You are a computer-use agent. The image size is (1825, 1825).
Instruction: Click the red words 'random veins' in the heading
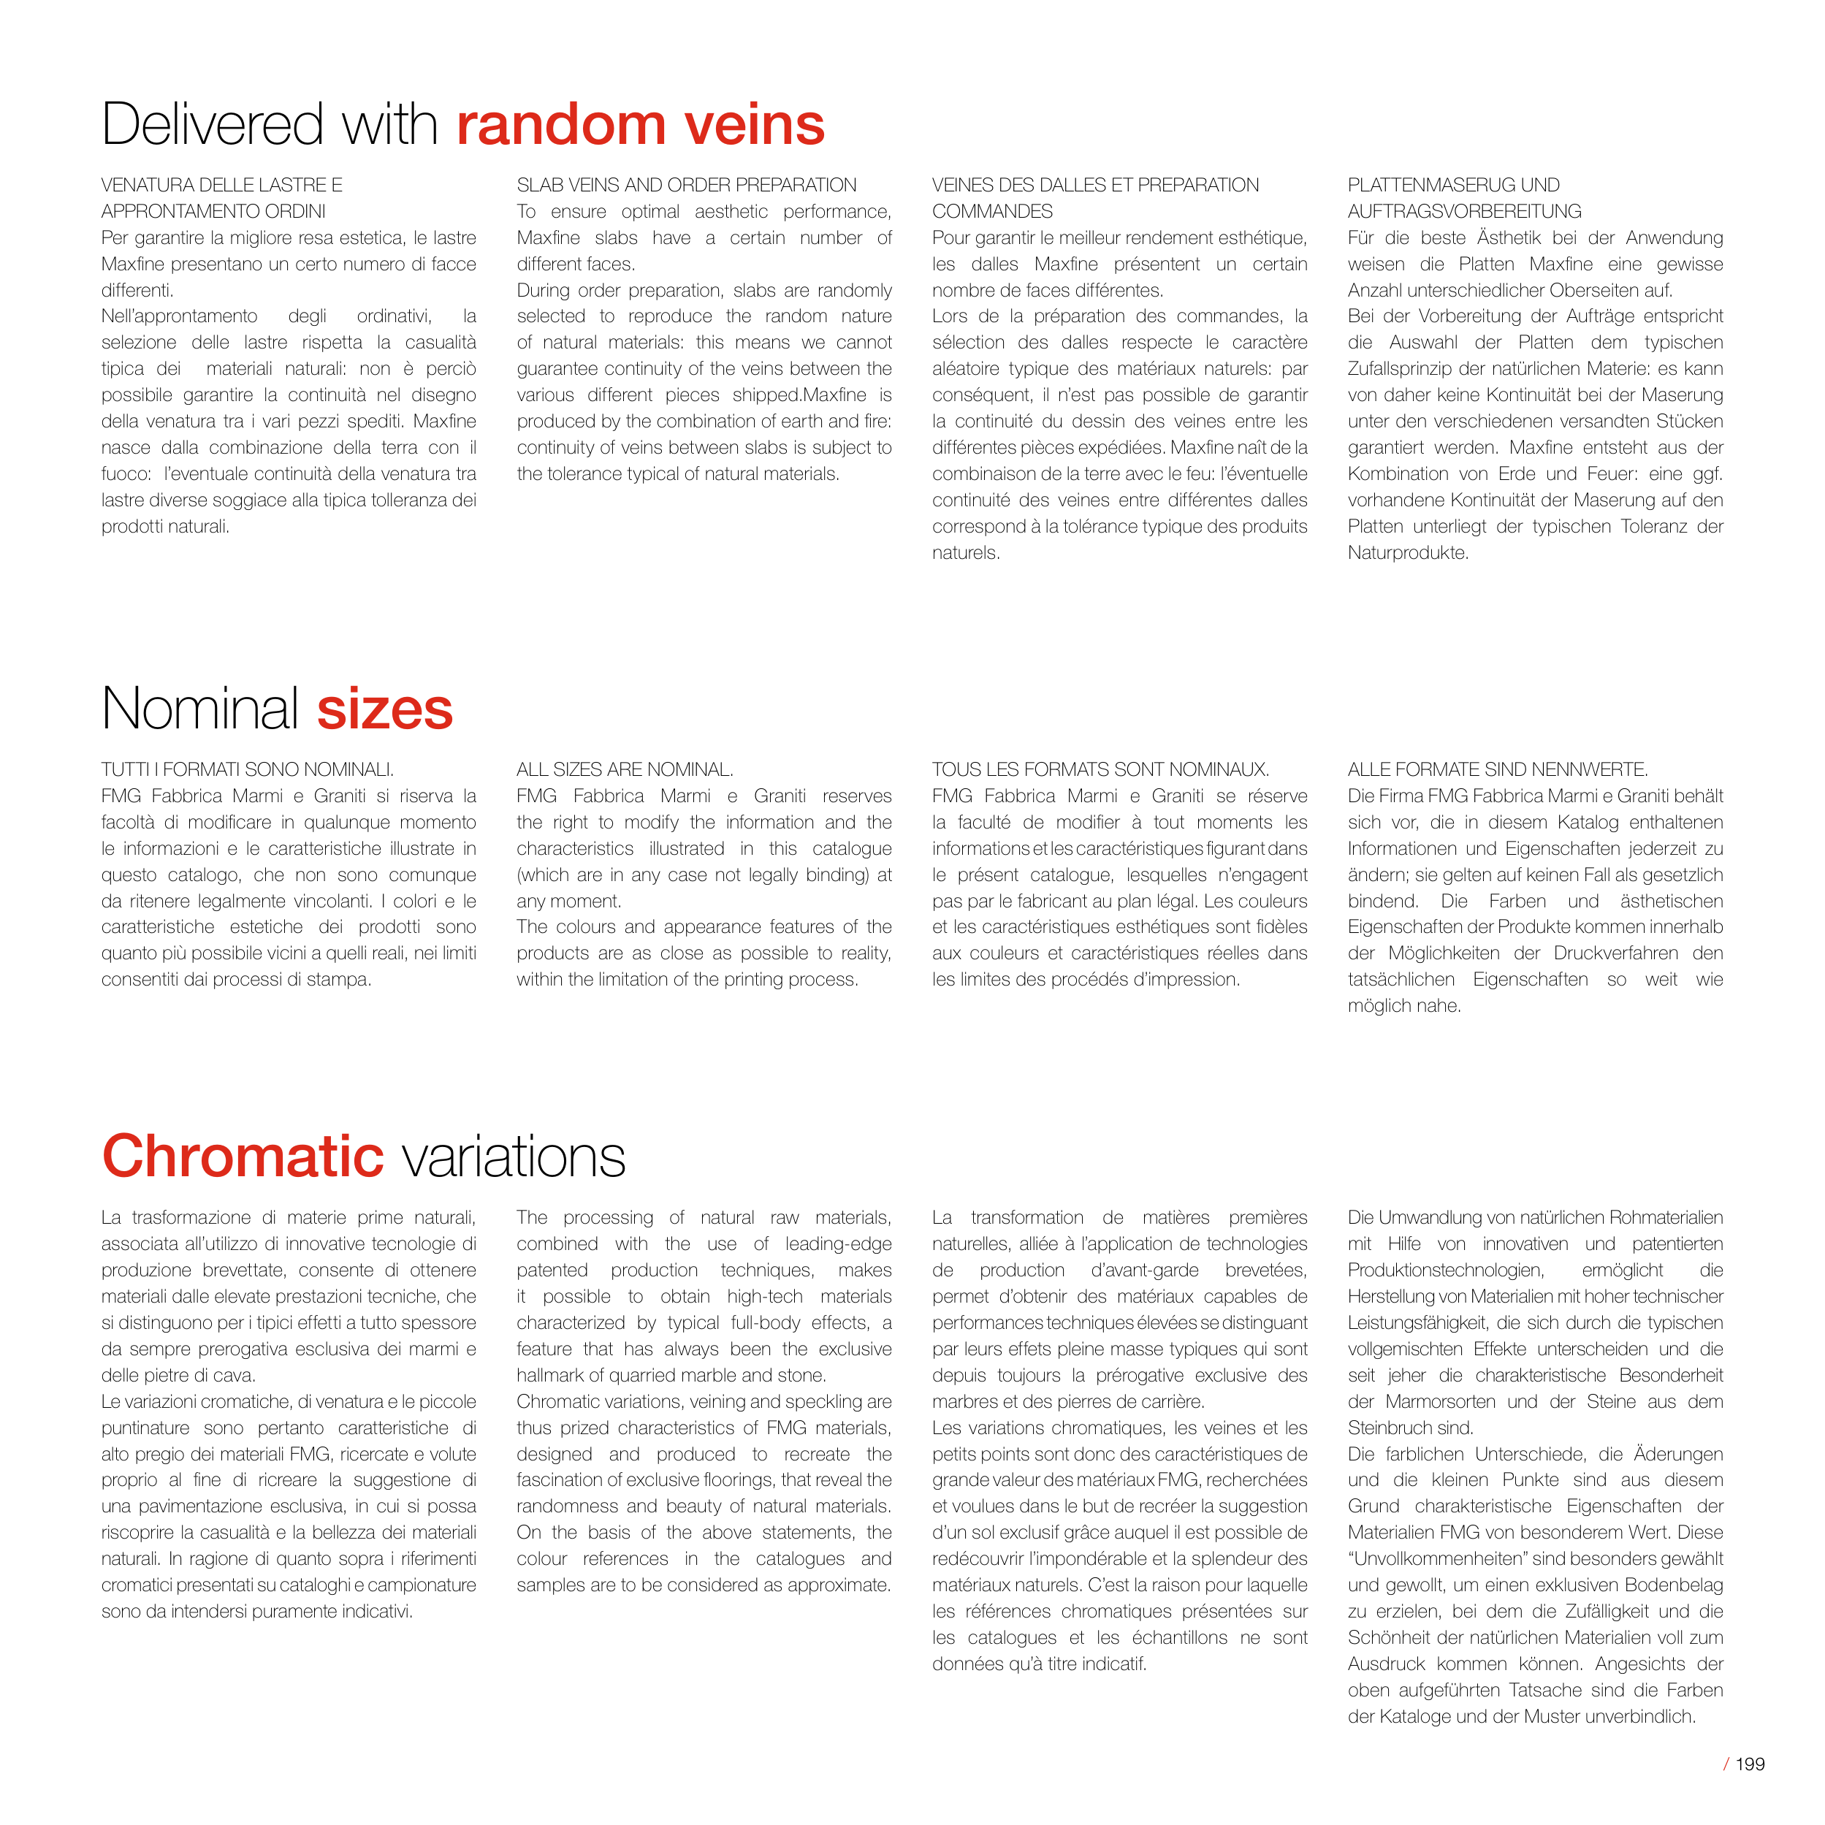(641, 126)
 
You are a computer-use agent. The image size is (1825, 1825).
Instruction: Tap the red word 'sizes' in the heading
(384, 710)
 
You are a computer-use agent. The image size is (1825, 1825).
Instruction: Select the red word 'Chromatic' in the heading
(243, 1157)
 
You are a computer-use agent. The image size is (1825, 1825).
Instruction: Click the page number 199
(1750, 1764)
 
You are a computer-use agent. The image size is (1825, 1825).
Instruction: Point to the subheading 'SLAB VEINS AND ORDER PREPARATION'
(687, 185)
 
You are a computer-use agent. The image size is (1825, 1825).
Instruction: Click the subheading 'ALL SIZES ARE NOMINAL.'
(625, 770)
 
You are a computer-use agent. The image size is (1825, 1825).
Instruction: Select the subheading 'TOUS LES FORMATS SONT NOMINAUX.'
(1100, 770)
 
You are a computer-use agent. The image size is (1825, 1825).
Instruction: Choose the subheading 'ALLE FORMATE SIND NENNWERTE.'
(1497, 770)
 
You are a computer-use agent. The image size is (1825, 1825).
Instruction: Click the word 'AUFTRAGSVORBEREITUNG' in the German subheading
(1464, 212)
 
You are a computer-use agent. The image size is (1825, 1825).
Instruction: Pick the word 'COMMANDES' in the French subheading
(992, 212)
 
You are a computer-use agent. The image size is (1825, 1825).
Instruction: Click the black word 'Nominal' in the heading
(200, 710)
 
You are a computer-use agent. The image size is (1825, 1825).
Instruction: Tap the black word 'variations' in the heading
(514, 1157)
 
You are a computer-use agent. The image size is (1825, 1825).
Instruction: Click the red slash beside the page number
(1727, 1764)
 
